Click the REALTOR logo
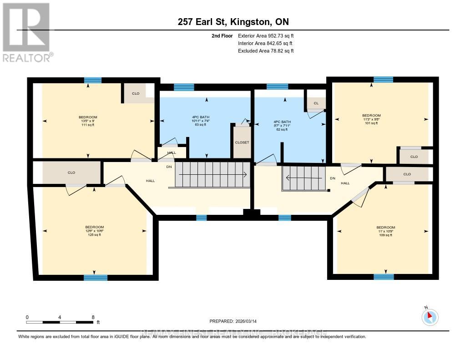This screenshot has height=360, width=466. (x=26, y=32)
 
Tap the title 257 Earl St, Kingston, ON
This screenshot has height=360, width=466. (x=233, y=21)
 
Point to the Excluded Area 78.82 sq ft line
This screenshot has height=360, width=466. (x=266, y=51)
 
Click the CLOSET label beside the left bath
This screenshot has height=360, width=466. (x=242, y=142)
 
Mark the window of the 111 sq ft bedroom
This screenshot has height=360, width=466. (x=92, y=80)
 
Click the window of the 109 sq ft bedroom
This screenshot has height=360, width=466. (x=383, y=276)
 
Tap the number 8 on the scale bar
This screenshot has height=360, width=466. (x=93, y=317)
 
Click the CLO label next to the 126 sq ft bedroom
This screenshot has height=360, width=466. (x=71, y=172)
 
